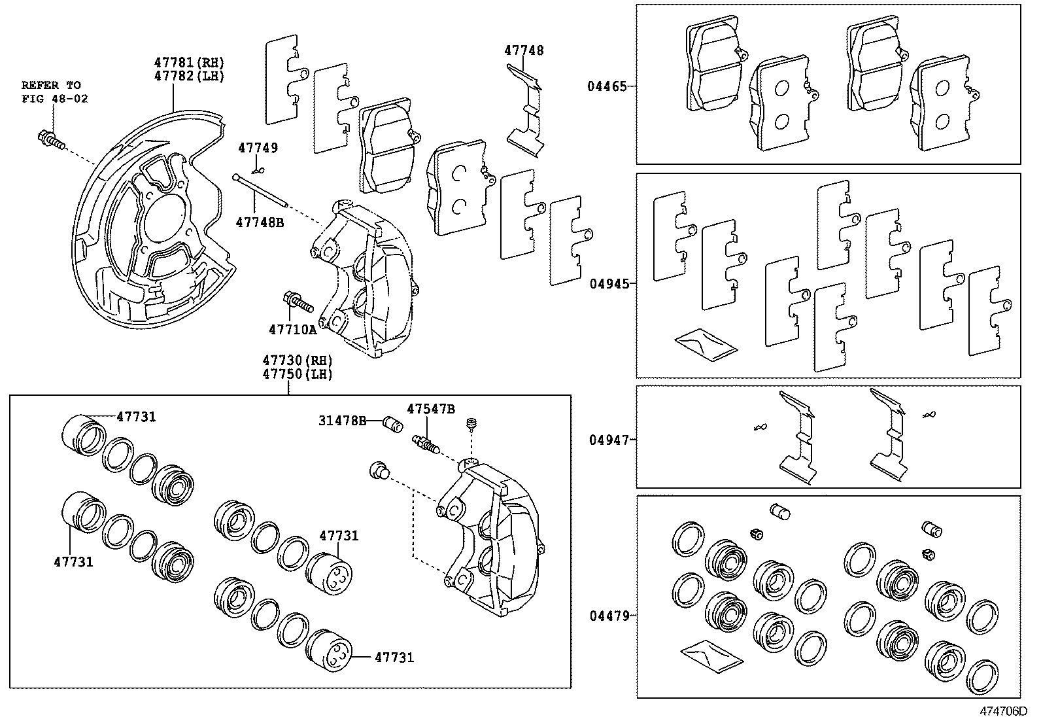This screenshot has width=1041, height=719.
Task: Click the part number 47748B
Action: pos(260,222)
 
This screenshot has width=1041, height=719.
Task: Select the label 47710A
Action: pos(292,330)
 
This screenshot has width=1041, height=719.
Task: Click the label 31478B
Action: pos(342,421)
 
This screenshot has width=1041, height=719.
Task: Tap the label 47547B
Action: pos(430,409)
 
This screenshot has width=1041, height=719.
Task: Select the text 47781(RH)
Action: pos(189,63)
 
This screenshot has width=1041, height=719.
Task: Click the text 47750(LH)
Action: pos(298,374)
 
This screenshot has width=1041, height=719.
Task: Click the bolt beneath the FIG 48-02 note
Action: pos(51,139)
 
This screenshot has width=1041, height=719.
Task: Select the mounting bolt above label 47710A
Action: pos(298,303)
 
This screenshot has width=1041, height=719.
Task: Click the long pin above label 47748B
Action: pos(260,188)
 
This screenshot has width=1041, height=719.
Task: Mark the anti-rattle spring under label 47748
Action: pos(528,111)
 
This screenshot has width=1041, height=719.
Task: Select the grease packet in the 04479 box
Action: pos(710,655)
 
